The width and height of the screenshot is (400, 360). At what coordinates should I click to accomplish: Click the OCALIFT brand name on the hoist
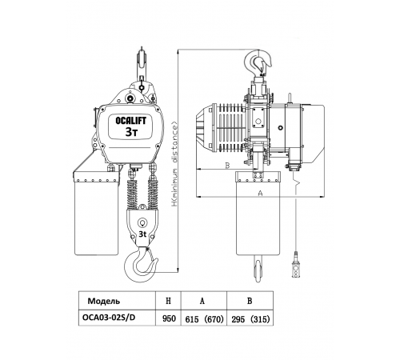[130, 121]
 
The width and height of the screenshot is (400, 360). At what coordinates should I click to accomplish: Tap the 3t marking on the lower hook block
[142, 234]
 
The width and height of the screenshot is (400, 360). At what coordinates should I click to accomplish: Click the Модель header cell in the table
[104, 301]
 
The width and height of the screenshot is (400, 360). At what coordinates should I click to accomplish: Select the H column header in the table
[168, 301]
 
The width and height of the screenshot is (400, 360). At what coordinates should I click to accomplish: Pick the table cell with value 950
[169, 318]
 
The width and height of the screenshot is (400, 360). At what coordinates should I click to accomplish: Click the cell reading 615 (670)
[204, 319]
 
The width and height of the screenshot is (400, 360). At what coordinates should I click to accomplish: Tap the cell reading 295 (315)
[250, 319]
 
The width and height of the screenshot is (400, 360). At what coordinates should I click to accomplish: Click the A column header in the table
[202, 301]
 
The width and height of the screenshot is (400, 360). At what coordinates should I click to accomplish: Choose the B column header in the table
[250, 301]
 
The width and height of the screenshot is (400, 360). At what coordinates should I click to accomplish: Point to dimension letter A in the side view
[261, 193]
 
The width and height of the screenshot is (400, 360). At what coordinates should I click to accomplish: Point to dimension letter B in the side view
[227, 166]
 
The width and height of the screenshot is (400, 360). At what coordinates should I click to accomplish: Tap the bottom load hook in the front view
[141, 264]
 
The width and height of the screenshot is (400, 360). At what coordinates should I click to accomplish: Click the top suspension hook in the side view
[258, 62]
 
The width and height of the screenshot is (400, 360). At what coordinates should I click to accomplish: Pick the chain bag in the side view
[258, 213]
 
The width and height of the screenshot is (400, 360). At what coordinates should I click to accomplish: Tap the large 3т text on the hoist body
[131, 132]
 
